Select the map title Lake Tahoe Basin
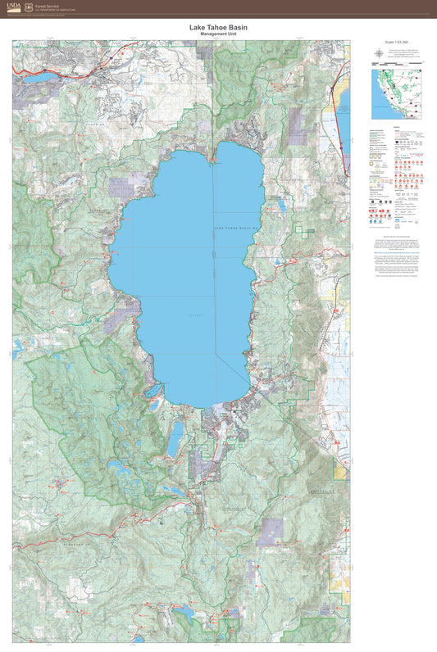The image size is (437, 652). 217,27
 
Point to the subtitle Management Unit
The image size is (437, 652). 217,34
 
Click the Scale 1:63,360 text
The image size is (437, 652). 395,41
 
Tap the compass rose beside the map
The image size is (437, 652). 378,53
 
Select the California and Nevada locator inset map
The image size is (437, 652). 395,94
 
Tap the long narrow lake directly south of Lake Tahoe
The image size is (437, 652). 175,439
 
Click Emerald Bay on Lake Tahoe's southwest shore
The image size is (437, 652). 155,405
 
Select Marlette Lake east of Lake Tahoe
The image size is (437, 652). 282,205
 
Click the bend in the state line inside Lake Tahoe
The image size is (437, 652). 216,354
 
